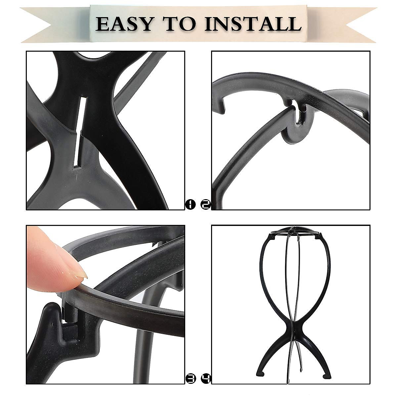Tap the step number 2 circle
[x=205, y=205]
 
